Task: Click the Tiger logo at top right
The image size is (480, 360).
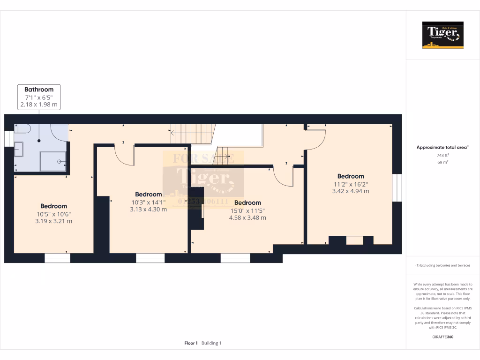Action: tap(442, 35)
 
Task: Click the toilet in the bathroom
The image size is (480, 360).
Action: tap(23, 129)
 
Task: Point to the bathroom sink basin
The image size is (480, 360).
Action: tap(18, 150)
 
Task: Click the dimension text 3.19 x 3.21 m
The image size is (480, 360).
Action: tap(53, 221)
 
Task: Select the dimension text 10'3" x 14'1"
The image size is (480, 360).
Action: tap(148, 202)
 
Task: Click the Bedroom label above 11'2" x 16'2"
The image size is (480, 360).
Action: tap(351, 176)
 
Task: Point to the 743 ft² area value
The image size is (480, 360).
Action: tap(443, 155)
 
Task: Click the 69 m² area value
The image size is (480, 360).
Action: tap(443, 162)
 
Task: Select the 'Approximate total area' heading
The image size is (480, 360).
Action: tap(442, 147)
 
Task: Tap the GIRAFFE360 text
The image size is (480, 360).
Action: tap(443, 337)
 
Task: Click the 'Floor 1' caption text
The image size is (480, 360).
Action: tap(191, 343)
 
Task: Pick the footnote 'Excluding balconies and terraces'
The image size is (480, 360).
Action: tap(443, 265)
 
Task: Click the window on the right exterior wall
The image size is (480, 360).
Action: tap(397, 188)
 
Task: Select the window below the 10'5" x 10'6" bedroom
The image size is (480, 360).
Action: tap(57, 258)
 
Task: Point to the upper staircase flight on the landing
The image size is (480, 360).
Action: tap(192, 134)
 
